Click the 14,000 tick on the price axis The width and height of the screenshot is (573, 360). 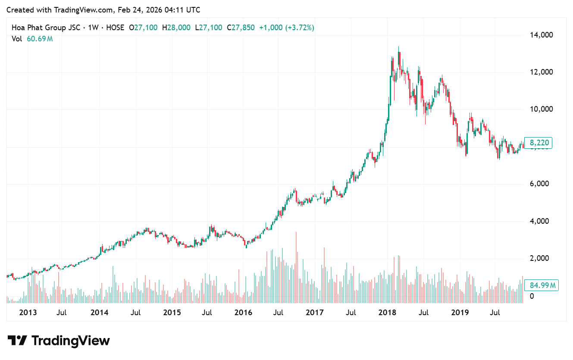tap(541, 35)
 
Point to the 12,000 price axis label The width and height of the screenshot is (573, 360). tap(541, 72)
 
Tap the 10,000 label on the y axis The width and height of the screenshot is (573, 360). tap(541, 109)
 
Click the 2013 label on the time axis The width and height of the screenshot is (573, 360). tap(28, 313)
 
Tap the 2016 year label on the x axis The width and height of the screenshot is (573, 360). tap(243, 313)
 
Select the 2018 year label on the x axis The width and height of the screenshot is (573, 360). tap(387, 313)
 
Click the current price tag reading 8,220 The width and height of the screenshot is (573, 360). tap(541, 143)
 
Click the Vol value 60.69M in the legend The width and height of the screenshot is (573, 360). tap(40, 39)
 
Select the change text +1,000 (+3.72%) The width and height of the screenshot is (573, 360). tap(287, 28)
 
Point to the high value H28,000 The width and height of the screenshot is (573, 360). tap(176, 28)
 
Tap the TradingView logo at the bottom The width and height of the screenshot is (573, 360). tap(59, 341)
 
